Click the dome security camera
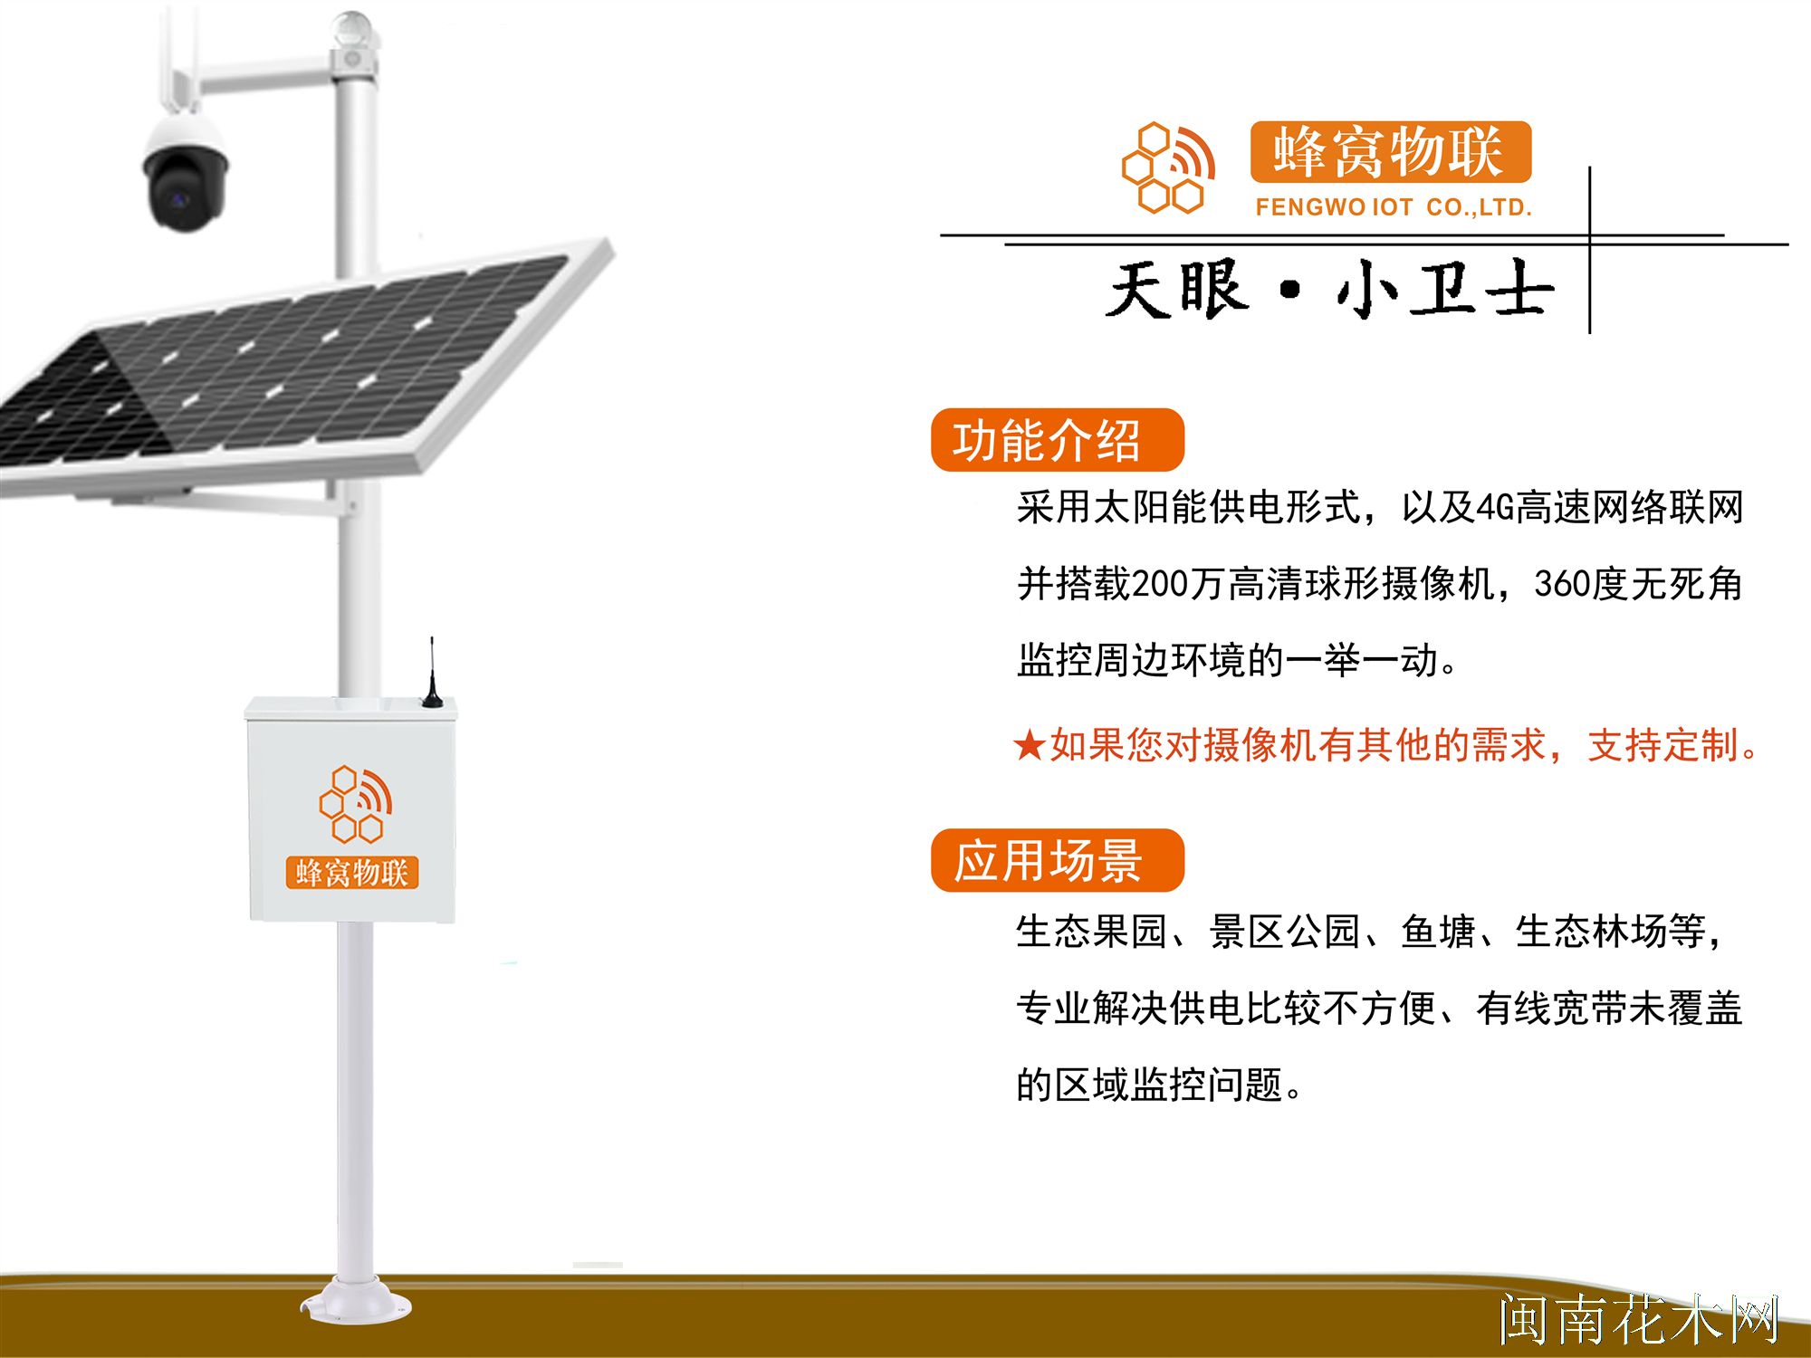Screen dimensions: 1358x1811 pos(186,177)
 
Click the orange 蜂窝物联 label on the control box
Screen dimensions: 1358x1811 pos(352,873)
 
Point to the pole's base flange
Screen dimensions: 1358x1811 pos(355,1304)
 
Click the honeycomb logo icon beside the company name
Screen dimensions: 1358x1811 pos(1168,168)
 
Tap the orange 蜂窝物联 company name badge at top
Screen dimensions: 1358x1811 pos(1390,152)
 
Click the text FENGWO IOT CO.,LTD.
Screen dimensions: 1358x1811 pos(1393,207)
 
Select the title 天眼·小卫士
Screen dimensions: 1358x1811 pos(1329,290)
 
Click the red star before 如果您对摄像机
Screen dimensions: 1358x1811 pos(1030,746)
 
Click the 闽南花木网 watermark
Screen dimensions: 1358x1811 pos(1639,1319)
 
